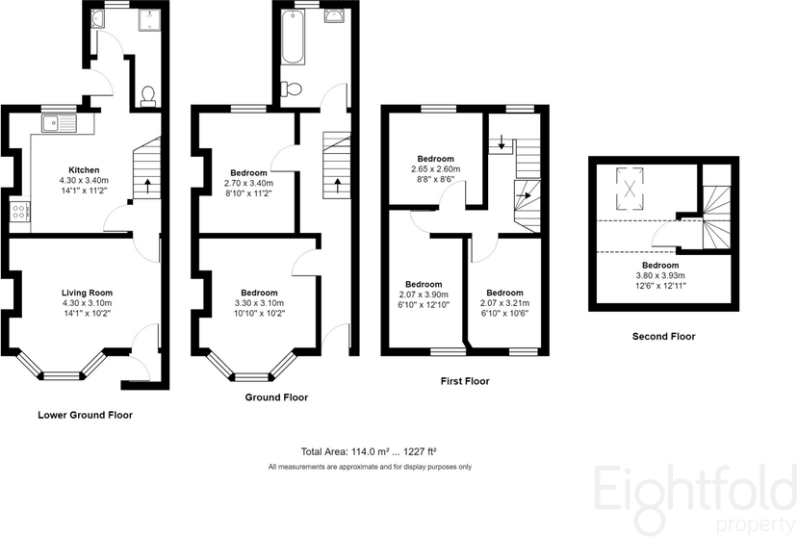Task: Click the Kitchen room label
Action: (84, 169)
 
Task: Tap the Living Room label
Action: (87, 293)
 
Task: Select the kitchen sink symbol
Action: (60, 123)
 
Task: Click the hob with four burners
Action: (19, 212)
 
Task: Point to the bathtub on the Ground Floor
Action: (293, 38)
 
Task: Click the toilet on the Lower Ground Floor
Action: (148, 96)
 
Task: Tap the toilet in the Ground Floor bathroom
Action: (292, 89)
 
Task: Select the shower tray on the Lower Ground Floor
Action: (149, 20)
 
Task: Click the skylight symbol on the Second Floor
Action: (630, 189)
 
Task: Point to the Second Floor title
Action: (663, 336)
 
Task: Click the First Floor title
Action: (465, 381)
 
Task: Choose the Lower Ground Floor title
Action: (86, 415)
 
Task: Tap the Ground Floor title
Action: (276, 397)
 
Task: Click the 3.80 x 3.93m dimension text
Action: (660, 275)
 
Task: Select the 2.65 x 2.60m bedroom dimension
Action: (436, 169)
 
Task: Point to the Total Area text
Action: (369, 451)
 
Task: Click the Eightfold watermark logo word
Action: (695, 490)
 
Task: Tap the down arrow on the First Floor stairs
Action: (501, 142)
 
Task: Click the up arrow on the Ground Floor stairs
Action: (338, 186)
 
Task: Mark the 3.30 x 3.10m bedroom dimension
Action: (259, 303)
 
